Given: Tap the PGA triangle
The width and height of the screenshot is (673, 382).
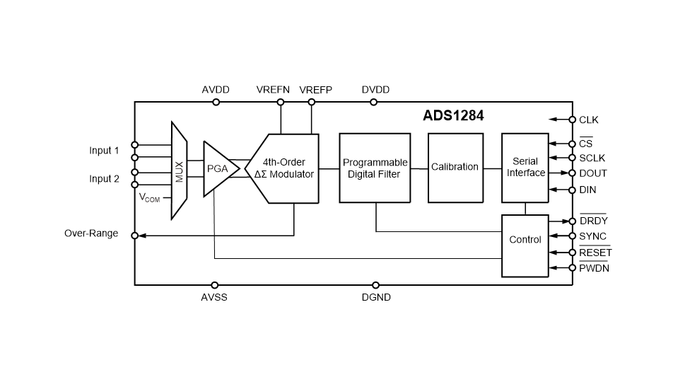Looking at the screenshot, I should [x=218, y=169].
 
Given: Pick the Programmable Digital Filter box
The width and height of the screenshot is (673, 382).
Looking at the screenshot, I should [x=375, y=168].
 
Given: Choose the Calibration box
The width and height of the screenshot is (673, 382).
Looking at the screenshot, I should [x=455, y=168].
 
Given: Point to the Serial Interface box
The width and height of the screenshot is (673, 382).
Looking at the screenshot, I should [x=525, y=168].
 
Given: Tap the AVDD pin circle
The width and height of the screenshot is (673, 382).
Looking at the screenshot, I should [x=216, y=102].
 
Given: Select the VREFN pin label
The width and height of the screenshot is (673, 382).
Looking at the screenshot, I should [x=274, y=90].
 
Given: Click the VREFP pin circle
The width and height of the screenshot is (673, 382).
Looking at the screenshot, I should [x=312, y=102].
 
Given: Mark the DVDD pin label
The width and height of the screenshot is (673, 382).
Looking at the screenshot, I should [x=375, y=90].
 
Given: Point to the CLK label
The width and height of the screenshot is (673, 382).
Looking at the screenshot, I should [x=590, y=120].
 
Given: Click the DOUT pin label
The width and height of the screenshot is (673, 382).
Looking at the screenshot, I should [x=593, y=173].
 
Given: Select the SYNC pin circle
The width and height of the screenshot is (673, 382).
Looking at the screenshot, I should [x=572, y=236].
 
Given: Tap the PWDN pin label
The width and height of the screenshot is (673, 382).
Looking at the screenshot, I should [x=594, y=268].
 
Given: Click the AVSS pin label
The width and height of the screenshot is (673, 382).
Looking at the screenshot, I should [x=214, y=297].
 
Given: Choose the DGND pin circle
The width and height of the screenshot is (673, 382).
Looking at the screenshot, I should [x=375, y=284].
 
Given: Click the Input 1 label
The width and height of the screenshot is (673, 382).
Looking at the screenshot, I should [x=104, y=150].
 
